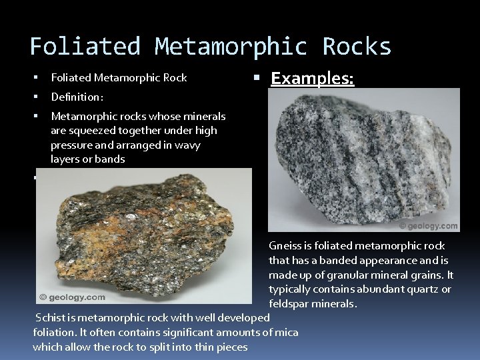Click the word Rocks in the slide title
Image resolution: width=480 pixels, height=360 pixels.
[x=357, y=47]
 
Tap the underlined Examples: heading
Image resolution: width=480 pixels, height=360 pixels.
[x=313, y=79]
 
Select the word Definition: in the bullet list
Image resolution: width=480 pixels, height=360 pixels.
[x=77, y=97]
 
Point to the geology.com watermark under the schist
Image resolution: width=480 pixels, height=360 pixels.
[x=73, y=297]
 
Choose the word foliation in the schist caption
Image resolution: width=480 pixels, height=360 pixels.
[x=53, y=333]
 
